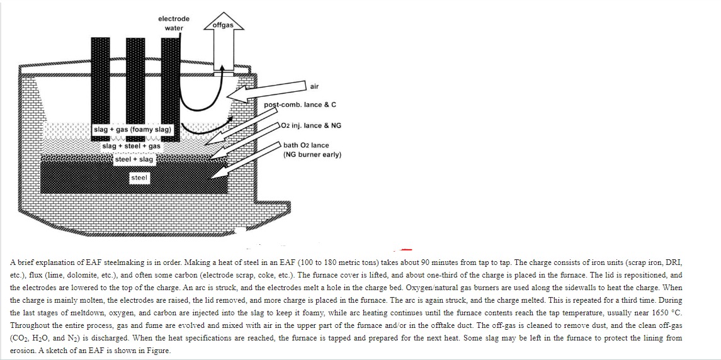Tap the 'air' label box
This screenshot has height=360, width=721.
314,86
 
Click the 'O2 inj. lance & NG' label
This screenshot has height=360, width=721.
312,125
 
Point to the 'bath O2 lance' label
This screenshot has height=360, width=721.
306,145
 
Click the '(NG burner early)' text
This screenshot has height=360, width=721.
312,154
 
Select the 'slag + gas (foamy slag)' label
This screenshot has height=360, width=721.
132,130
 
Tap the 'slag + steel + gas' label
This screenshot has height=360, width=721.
132,146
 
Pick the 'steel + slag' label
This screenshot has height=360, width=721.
133,159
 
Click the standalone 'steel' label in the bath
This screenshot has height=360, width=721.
139,178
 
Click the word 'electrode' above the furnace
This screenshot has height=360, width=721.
174,19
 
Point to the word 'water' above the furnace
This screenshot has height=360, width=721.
174,28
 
